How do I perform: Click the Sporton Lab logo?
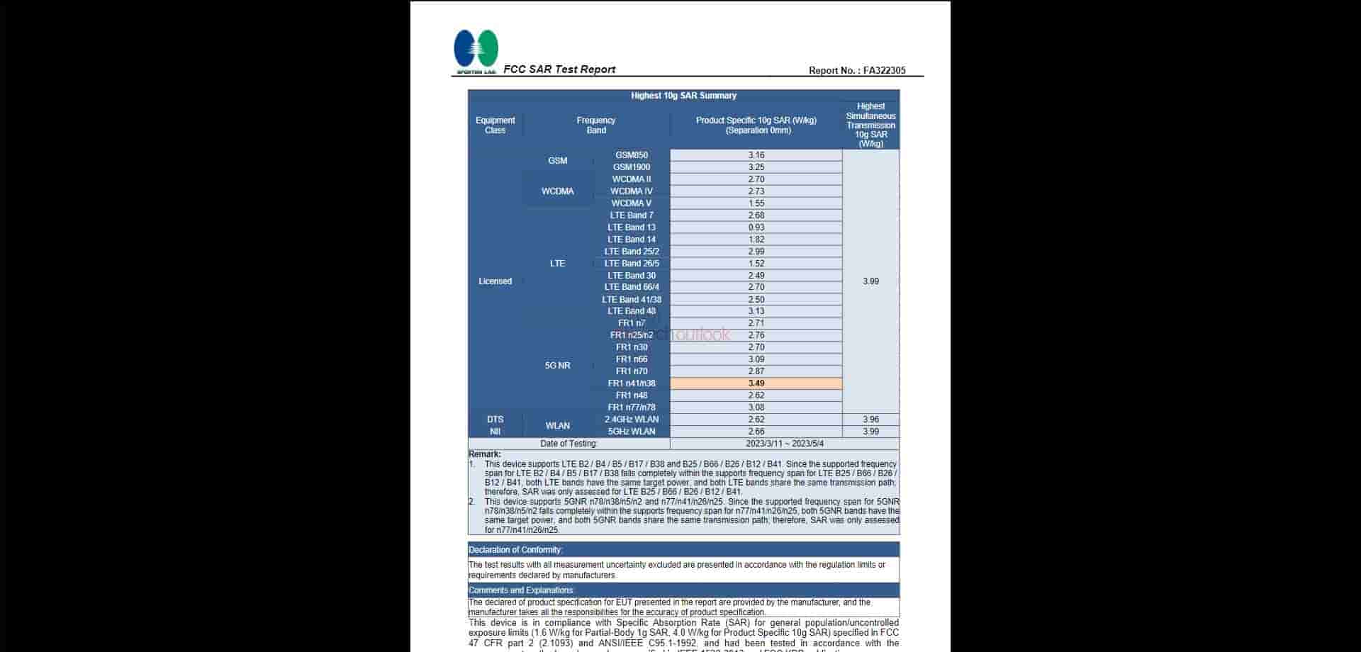476,51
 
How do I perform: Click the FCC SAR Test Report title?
559,69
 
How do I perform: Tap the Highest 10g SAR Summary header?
683,96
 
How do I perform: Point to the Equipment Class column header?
495,125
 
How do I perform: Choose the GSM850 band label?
632,155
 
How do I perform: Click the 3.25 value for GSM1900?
756,167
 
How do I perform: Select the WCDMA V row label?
632,203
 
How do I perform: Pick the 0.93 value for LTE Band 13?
756,227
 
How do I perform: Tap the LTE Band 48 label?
632,311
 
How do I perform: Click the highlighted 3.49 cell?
756,383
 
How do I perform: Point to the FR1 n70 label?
632,371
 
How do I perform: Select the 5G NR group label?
557,366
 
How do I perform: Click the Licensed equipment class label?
495,281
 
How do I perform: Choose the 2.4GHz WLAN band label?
632,420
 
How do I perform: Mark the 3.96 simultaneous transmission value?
870,420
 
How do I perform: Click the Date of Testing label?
569,444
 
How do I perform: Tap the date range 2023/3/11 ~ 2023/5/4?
784,444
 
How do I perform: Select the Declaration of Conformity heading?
515,550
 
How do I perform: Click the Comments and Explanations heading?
521,590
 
